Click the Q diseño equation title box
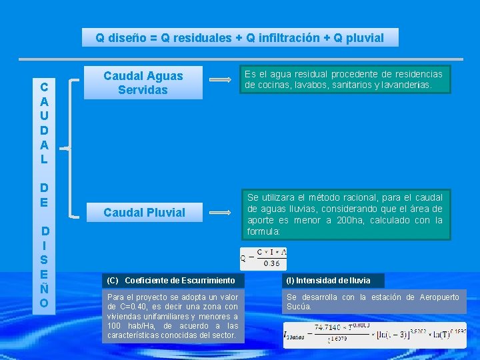coord(240,37)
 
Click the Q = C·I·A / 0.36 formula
coord(264,258)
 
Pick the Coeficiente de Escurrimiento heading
coord(171,281)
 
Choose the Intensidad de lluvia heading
coord(328,280)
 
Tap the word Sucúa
coord(298,307)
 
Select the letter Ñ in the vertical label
coord(43,288)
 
